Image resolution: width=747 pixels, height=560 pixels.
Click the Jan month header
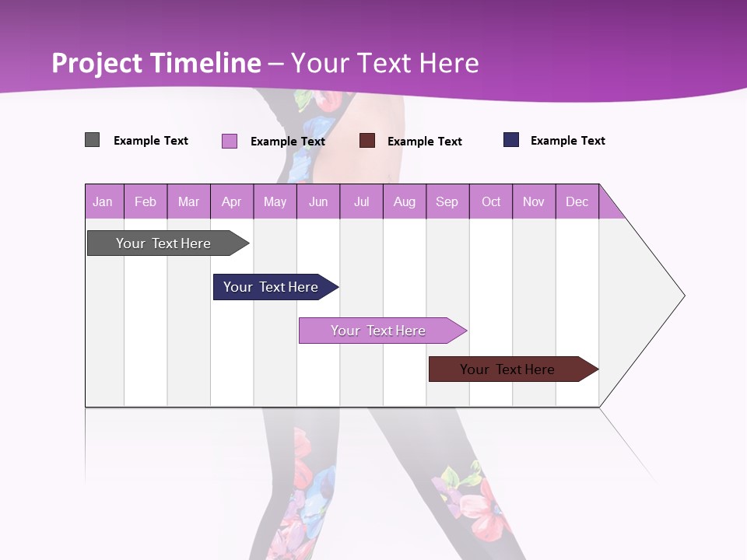[x=103, y=201]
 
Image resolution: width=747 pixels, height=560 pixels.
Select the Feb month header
[x=146, y=201]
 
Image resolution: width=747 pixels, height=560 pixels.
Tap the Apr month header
[x=232, y=201]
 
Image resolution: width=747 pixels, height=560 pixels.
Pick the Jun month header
[x=318, y=201]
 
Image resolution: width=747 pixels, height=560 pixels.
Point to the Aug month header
[x=405, y=201]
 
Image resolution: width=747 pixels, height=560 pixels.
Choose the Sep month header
[x=447, y=201]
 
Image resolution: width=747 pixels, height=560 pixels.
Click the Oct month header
[x=491, y=201]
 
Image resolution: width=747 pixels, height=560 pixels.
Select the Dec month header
[x=577, y=201]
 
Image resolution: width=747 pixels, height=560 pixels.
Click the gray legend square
[x=93, y=140]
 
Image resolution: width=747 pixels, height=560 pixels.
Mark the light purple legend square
[x=230, y=141]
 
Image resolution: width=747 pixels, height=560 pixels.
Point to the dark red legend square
[x=367, y=141]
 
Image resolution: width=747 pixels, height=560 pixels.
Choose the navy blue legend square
[x=511, y=140]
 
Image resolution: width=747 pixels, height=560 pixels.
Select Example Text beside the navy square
[x=567, y=141]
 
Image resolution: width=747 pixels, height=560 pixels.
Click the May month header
[x=275, y=201]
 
